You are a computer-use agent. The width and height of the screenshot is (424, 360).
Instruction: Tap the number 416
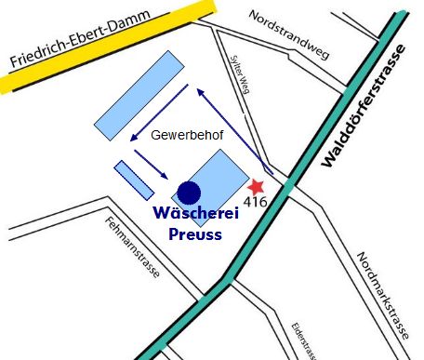(x=257, y=201)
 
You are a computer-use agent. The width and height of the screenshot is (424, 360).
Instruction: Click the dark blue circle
(x=189, y=193)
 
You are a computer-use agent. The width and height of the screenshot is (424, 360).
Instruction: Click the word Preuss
(x=195, y=234)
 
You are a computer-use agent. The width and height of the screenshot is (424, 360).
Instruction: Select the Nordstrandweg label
(x=288, y=35)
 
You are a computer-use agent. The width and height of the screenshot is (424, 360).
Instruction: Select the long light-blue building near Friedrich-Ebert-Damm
(x=140, y=90)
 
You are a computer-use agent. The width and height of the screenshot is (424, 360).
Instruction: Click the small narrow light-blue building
(x=135, y=179)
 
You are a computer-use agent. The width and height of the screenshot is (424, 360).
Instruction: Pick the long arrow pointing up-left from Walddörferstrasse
(x=232, y=130)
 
